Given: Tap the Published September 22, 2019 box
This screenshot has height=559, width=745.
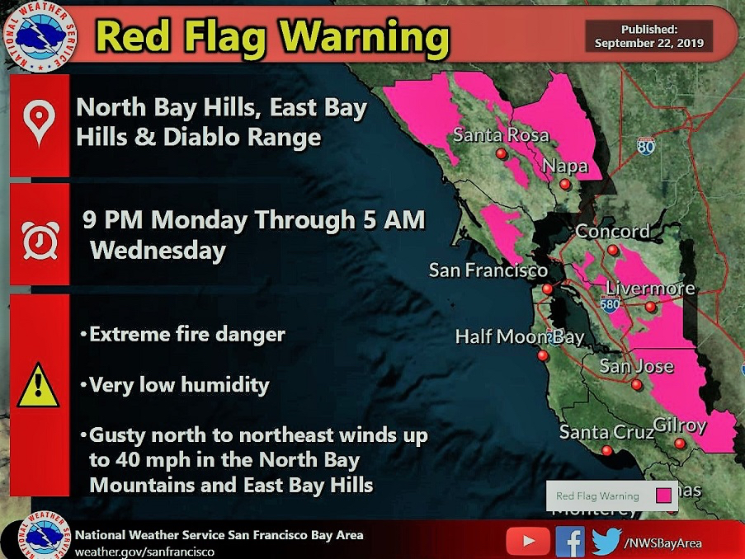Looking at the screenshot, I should pos(649,36).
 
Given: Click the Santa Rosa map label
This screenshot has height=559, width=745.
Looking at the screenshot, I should pos(500,135).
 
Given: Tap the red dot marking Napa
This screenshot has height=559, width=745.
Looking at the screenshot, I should pos(565,186).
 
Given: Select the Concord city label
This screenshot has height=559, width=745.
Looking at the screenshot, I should pos(612,232).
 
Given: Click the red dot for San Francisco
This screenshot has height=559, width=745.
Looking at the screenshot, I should pos(547,289).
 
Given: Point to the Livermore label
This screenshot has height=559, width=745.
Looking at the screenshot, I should pos(650,289).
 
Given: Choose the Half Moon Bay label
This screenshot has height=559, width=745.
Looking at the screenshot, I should pos(519,336).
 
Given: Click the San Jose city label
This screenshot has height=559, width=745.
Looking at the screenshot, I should pos(636,366).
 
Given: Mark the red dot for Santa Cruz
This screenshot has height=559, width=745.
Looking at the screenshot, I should pos(607,450).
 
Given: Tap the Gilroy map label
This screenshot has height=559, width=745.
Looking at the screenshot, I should pos(680,425).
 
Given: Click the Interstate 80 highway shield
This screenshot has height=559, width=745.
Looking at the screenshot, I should pos(646,146).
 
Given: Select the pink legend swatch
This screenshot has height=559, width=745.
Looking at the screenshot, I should pos(662,496).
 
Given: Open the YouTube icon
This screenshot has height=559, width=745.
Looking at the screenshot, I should pos(526,541).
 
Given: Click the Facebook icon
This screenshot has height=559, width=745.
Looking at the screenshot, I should pos(569,541).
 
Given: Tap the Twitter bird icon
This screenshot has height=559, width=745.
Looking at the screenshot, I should pos(606,541).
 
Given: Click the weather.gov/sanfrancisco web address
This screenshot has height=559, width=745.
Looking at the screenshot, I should pos(144,551).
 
